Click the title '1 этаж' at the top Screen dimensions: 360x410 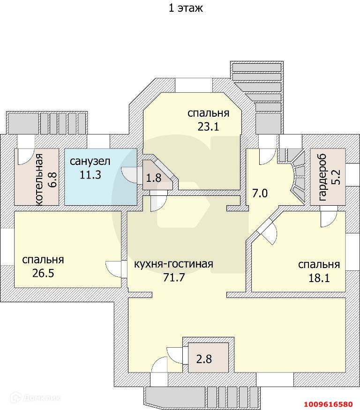(186, 8)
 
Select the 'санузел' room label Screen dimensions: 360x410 (90, 162)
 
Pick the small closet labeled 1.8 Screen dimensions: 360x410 (153, 178)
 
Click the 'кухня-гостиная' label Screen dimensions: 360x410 (173, 264)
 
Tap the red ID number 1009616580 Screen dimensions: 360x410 (328, 404)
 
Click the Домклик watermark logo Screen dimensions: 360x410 (36, 398)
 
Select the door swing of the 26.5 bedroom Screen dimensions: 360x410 (114, 268)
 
